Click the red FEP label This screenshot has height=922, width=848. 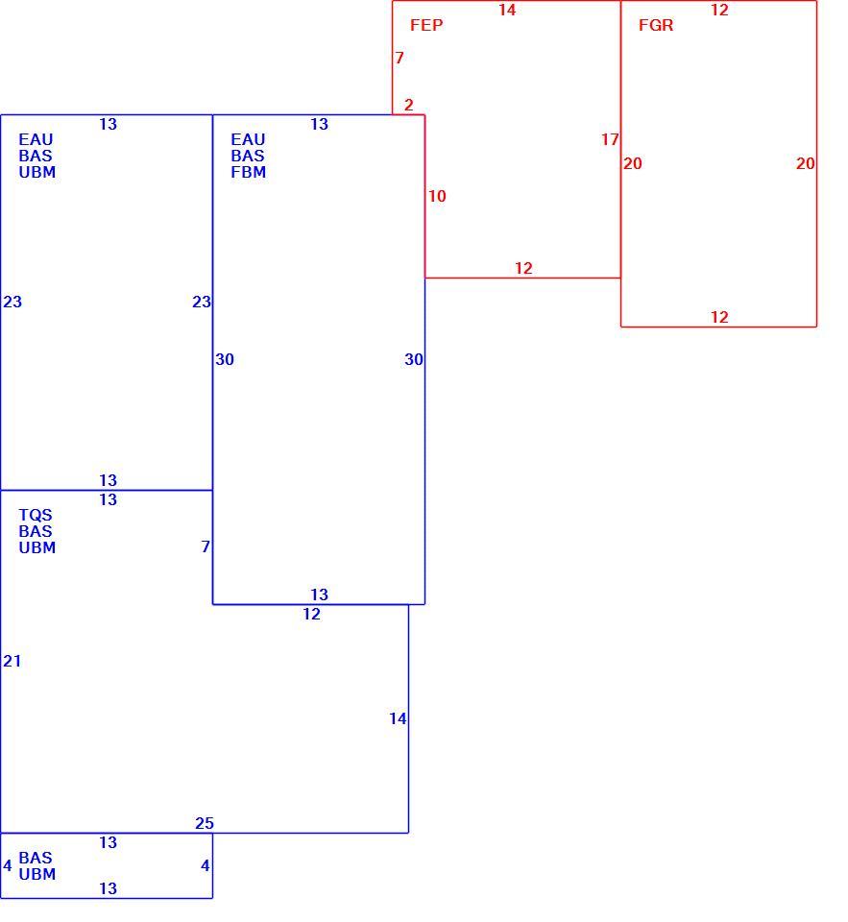(x=426, y=25)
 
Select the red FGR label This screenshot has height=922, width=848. (x=656, y=25)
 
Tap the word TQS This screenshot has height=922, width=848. (x=36, y=515)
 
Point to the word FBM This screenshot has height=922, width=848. (x=248, y=172)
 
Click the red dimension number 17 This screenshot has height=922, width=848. (x=610, y=140)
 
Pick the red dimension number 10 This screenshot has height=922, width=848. (x=437, y=196)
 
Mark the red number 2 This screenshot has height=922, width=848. (x=409, y=106)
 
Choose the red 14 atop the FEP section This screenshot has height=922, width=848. (x=507, y=10)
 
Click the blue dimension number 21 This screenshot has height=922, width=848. (x=12, y=662)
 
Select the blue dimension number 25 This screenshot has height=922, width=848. (x=205, y=823)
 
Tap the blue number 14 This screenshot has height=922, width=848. (x=398, y=718)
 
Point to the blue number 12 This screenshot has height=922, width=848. (x=311, y=615)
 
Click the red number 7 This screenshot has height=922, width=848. (x=400, y=58)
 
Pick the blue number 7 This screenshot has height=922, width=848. (x=206, y=546)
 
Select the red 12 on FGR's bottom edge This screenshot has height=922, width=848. (x=719, y=318)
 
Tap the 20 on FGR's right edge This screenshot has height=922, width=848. (x=806, y=163)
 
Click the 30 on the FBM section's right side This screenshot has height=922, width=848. (x=414, y=359)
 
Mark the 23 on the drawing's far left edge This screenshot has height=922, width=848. (x=12, y=303)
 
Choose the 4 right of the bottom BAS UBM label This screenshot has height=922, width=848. (x=206, y=865)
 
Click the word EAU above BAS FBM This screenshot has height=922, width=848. (x=248, y=140)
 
